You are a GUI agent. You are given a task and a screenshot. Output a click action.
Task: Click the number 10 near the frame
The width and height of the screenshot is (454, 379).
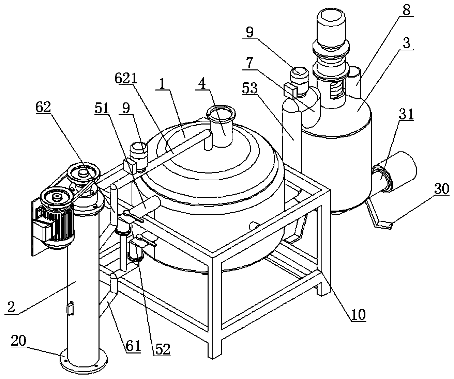[x=358, y=315]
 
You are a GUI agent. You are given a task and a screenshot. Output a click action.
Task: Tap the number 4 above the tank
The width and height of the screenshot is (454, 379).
[x=203, y=84]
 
